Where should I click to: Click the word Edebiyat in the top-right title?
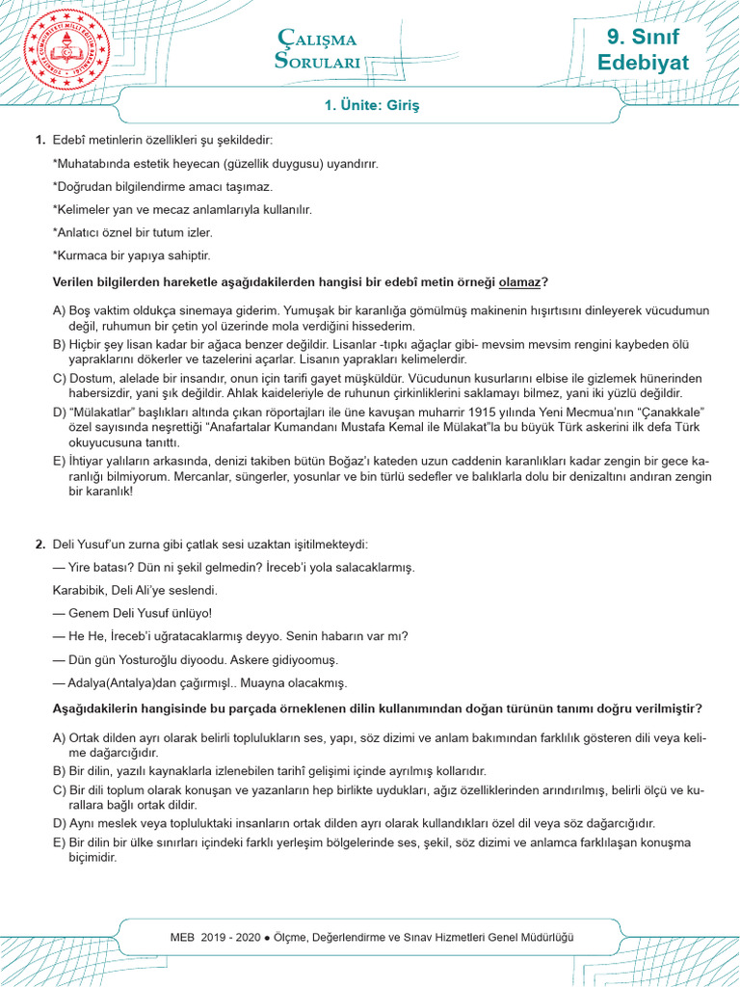click(643, 65)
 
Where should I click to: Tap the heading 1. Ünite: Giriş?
click(372, 103)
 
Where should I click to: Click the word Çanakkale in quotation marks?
click(680, 412)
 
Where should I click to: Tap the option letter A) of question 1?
click(59, 310)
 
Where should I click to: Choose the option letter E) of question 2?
click(59, 842)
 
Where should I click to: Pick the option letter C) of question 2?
click(59, 790)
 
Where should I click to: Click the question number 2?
click(40, 545)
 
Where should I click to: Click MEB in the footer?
click(183, 937)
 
